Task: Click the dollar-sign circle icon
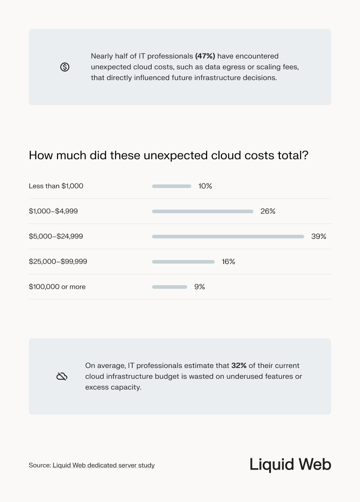click(65, 67)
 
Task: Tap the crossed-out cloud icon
click(62, 376)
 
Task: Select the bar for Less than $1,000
click(171, 186)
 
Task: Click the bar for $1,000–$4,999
click(202, 211)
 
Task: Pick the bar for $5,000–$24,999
click(228, 237)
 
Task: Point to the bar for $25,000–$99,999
click(183, 262)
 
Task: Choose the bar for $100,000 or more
click(170, 287)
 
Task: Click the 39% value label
click(319, 237)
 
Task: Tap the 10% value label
click(205, 186)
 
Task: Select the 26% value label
click(268, 211)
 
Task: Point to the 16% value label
click(228, 262)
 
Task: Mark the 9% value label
click(199, 287)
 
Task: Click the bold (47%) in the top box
click(205, 56)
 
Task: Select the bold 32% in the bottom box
click(239, 366)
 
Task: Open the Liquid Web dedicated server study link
click(103, 466)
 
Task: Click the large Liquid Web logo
click(290, 465)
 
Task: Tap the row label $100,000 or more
click(57, 287)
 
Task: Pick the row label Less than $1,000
click(56, 186)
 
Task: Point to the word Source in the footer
click(39, 466)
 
